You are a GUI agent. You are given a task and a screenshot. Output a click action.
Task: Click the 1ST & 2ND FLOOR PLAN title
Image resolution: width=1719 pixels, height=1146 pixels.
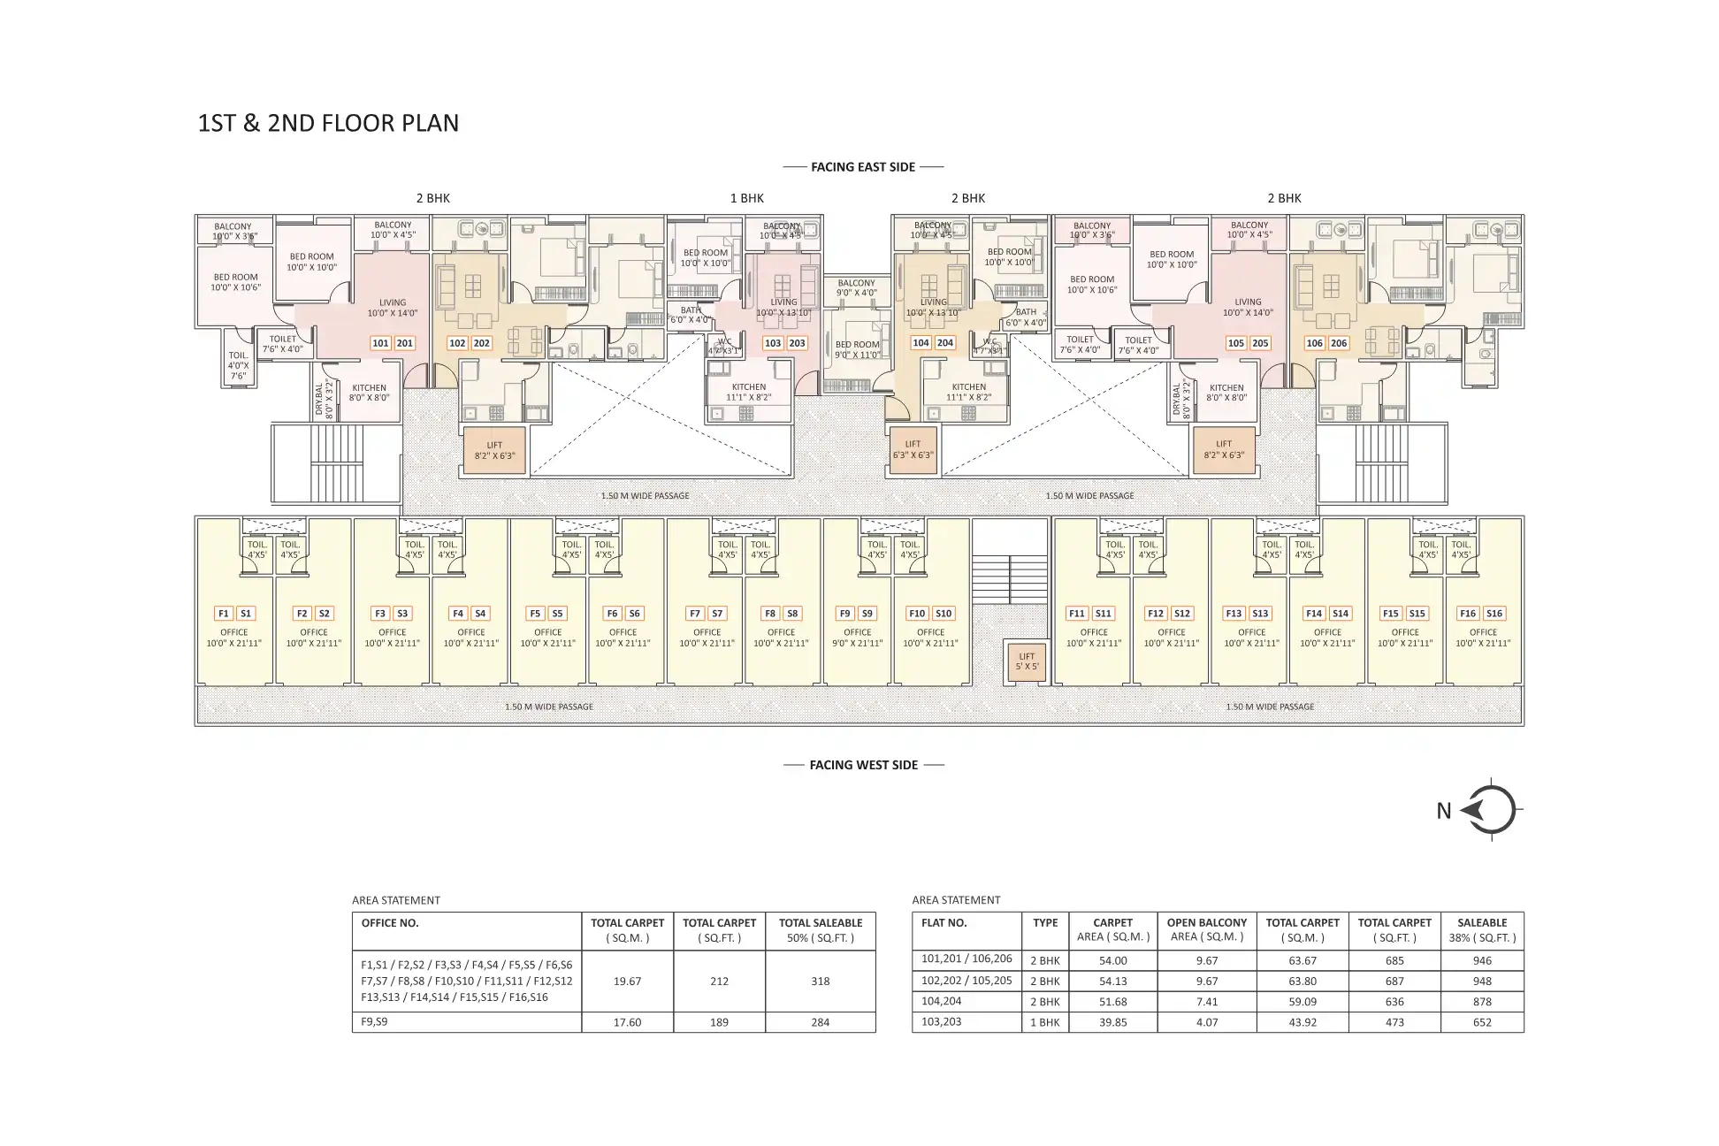pos(328,123)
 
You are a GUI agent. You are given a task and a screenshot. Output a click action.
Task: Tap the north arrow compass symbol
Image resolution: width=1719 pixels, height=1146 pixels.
pos(1492,810)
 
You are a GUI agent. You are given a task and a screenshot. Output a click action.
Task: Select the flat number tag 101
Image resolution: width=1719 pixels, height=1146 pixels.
pos(380,343)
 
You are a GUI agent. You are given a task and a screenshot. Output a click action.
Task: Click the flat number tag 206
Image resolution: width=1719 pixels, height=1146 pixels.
pos(1339,343)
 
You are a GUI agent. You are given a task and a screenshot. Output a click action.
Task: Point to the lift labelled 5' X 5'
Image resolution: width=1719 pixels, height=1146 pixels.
pos(1027,661)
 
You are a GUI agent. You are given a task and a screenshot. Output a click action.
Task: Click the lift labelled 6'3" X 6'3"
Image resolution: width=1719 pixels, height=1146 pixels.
pos(913,449)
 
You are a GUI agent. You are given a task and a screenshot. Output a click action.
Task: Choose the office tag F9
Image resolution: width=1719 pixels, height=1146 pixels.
pos(844,613)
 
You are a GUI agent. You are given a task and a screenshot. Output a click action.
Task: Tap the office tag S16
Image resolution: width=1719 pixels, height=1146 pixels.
pos(1494,613)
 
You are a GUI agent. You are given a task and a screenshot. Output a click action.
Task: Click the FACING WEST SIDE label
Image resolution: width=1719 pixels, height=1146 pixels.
pos(863,765)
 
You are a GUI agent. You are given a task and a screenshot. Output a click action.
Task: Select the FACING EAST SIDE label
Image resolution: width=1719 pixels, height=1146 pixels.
pos(863,166)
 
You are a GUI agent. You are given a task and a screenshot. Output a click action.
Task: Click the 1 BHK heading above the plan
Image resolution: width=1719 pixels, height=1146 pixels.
pos(746,198)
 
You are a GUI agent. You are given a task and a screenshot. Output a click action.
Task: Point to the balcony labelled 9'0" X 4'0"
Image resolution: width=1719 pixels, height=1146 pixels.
pos(856,288)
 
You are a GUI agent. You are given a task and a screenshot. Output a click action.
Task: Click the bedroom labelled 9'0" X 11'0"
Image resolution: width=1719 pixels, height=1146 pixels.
pos(857,349)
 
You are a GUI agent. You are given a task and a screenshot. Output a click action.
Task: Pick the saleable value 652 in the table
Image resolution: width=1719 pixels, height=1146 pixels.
pos(1482,1022)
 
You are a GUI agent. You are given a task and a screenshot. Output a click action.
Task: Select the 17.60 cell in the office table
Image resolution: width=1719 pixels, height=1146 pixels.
pos(627,1022)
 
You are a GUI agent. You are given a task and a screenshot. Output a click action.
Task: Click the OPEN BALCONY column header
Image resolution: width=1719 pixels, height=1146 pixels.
pos(1206,929)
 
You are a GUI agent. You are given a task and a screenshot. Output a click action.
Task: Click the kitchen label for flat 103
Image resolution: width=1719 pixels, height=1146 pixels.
pos(749,392)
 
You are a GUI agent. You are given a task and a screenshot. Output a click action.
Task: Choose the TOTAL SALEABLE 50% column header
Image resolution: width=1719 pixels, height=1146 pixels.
pos(820,929)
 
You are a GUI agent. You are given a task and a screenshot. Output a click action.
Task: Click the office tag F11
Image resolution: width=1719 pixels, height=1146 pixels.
pos(1076,613)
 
